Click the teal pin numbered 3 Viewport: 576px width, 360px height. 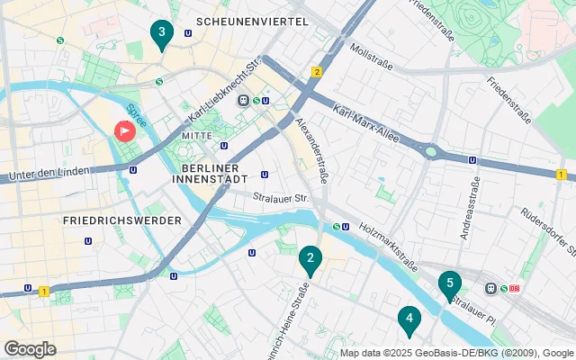(x=161, y=35)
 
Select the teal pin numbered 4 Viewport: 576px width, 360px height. (x=409, y=319)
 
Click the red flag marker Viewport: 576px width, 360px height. (x=124, y=131)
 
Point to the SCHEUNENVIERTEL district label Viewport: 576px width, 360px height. (x=251, y=21)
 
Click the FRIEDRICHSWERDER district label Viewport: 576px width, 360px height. (x=122, y=220)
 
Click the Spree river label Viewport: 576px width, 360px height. (x=136, y=117)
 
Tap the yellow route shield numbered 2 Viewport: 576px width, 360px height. (x=317, y=71)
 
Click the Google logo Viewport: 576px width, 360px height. (x=30, y=348)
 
